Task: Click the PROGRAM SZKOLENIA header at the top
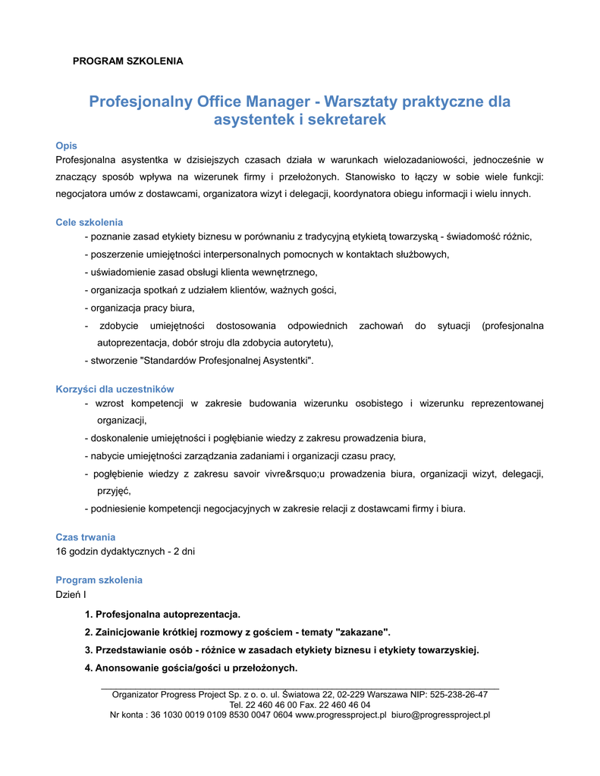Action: coord(127,61)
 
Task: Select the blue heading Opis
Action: coord(67,145)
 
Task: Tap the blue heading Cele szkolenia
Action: coord(90,222)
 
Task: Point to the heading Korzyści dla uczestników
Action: coord(115,389)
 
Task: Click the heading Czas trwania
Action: coord(86,537)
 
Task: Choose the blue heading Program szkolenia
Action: coord(99,580)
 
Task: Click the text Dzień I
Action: coord(71,595)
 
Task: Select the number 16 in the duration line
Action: coord(62,552)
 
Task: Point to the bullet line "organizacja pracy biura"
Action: coord(143,308)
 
